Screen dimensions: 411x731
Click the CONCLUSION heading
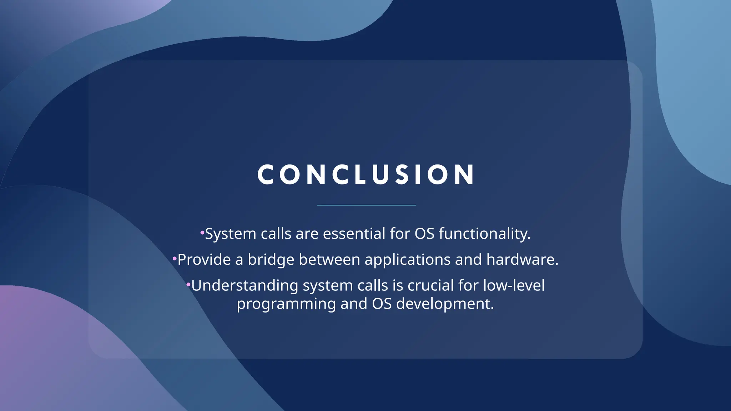click(366, 175)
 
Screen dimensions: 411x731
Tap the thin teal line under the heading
click(366, 205)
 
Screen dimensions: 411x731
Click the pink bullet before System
click(202, 233)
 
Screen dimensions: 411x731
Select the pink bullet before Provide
click(175, 258)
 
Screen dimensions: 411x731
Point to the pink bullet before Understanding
click(188, 284)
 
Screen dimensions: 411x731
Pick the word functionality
click(484, 234)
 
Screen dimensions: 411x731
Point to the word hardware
click(522, 260)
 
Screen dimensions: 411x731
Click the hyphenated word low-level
click(514, 286)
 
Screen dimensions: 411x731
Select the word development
click(445, 304)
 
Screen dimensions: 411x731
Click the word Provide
click(204, 260)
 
